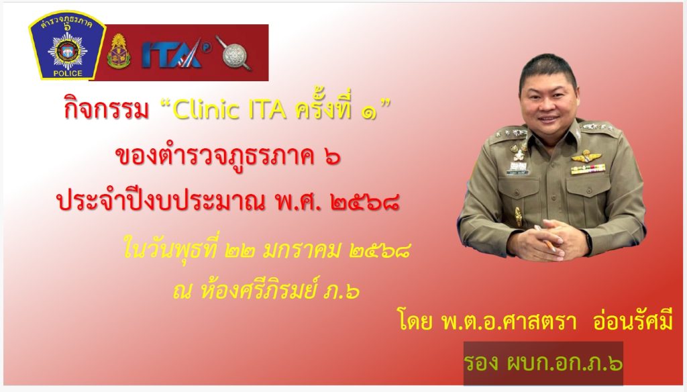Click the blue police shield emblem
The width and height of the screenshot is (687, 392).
pos(67,46)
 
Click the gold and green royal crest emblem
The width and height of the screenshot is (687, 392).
pos(119,52)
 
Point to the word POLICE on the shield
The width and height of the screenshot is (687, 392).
pos(68,73)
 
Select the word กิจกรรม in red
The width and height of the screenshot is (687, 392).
pos(107,109)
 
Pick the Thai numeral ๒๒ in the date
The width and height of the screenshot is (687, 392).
pos(240,252)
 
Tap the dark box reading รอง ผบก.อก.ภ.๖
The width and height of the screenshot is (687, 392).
pos(543,363)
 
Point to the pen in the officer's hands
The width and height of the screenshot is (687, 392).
pos(544,238)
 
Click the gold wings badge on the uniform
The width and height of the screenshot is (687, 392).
pos(586,156)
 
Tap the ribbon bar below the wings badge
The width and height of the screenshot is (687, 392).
pos(588,168)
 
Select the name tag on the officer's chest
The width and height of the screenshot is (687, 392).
pos(518,173)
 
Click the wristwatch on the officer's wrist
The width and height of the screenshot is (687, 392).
pos(588,240)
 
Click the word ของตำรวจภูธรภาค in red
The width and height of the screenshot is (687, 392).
pos(214,156)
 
